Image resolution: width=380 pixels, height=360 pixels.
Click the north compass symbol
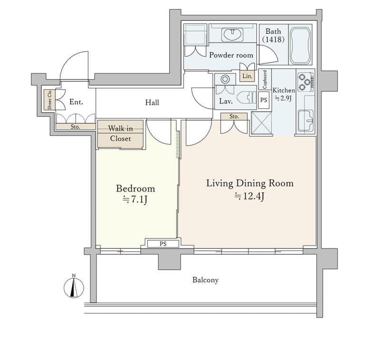click(74, 287)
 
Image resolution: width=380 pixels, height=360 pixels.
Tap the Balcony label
click(206, 280)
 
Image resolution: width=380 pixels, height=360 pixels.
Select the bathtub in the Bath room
click(300, 45)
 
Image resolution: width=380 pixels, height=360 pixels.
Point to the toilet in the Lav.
click(246, 98)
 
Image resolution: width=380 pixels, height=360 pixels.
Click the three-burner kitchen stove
click(306, 82)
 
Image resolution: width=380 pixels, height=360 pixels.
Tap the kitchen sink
click(305, 121)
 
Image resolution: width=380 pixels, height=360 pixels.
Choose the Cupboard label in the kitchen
click(265, 79)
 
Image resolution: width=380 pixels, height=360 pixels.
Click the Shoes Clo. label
click(50, 100)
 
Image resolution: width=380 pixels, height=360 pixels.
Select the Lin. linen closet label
click(247, 76)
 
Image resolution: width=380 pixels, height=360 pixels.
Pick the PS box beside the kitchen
click(264, 100)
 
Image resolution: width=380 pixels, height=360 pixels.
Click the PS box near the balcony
click(163, 244)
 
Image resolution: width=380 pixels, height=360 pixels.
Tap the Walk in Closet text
click(121, 133)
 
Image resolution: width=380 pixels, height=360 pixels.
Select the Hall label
click(152, 103)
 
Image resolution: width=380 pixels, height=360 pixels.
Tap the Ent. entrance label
click(76, 102)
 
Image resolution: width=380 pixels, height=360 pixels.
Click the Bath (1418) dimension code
click(274, 39)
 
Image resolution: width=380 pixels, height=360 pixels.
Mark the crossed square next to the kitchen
click(261, 123)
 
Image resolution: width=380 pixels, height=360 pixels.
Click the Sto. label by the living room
click(234, 116)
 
